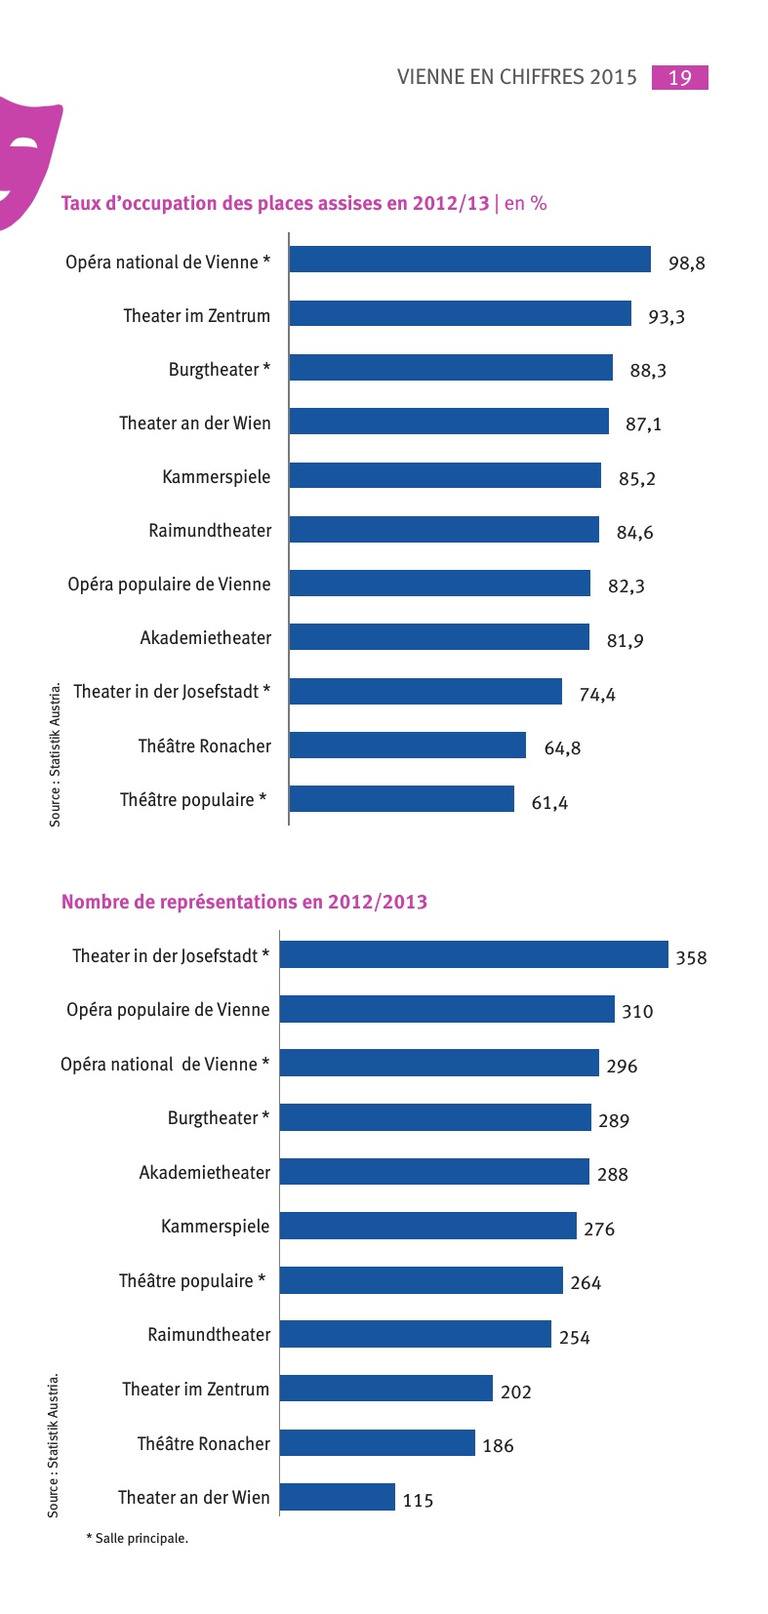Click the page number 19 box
tap(679, 78)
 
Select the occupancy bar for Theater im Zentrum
tap(460, 313)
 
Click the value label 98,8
tap(687, 263)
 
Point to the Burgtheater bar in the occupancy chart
tap(451, 368)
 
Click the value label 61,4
tap(549, 803)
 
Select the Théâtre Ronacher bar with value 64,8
tap(407, 746)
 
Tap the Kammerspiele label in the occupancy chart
tap(217, 477)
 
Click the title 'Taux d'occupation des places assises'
tap(275, 203)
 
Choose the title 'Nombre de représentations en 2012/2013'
tap(244, 902)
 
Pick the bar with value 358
tap(473, 955)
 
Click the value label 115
tap(418, 1501)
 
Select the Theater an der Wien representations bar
tap(338, 1497)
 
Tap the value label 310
tap(637, 1012)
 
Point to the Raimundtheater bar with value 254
tap(416, 1334)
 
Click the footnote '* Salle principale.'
tap(138, 1539)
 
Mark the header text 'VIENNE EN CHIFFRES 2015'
tap(516, 78)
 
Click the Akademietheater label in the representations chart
tap(205, 1173)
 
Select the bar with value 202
tap(386, 1389)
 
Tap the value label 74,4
tap(597, 695)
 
